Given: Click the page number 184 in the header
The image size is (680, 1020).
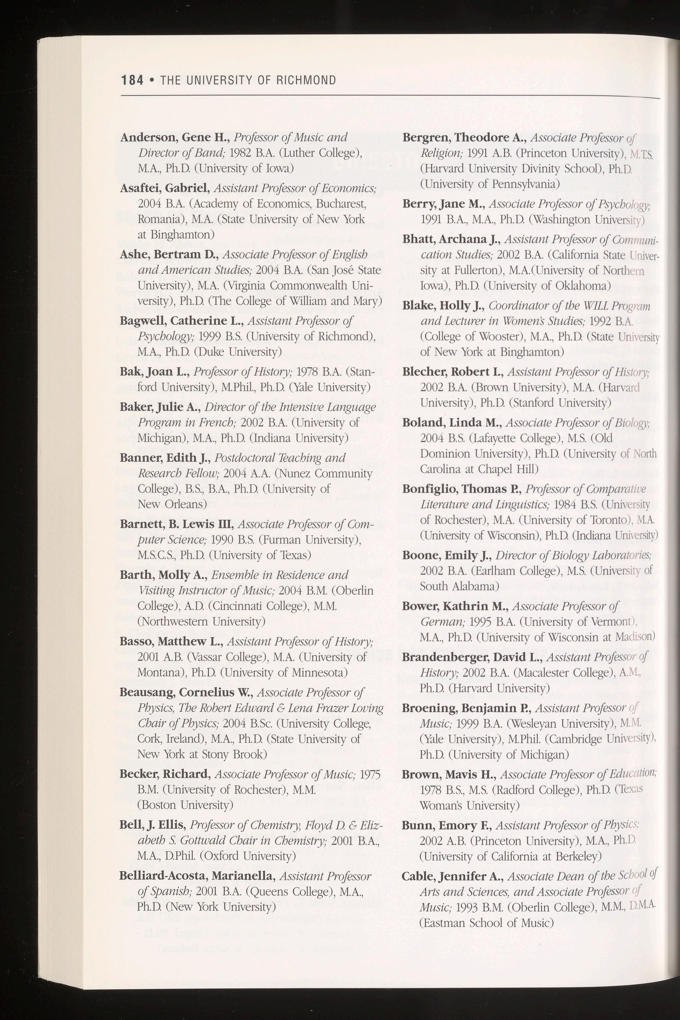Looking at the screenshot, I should point(132,80).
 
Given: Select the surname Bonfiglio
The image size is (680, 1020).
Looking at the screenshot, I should point(429,489).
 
